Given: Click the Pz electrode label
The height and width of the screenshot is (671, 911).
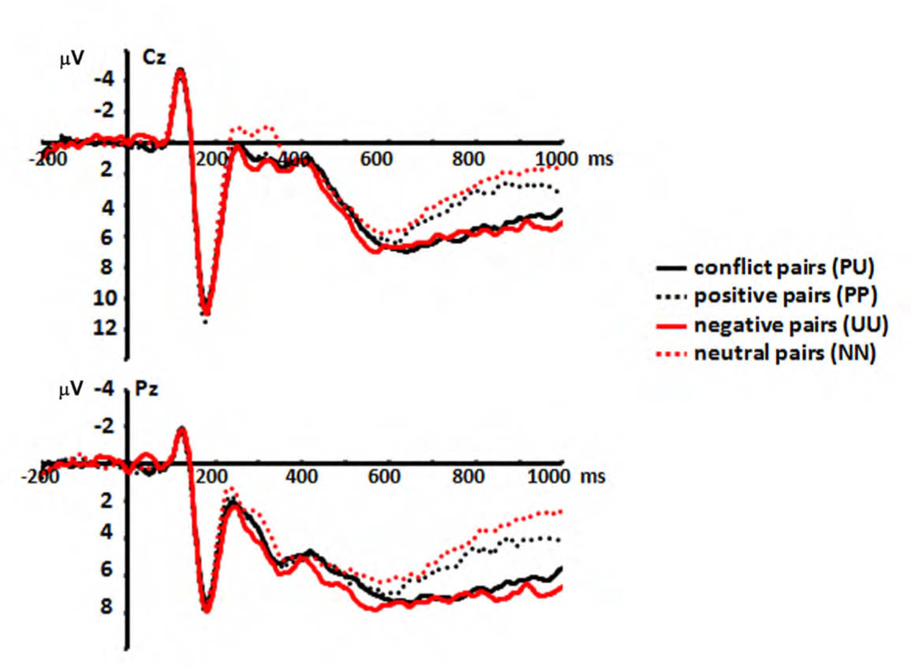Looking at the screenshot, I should click(x=149, y=390).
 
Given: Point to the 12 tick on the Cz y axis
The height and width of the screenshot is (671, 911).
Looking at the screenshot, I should click(x=110, y=327).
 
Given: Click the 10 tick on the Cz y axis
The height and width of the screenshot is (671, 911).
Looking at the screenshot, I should click(x=110, y=298).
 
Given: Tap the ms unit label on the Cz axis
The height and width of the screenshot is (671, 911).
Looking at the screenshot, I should click(x=599, y=158).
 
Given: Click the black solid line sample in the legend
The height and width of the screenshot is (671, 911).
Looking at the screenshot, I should click(x=671, y=268).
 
